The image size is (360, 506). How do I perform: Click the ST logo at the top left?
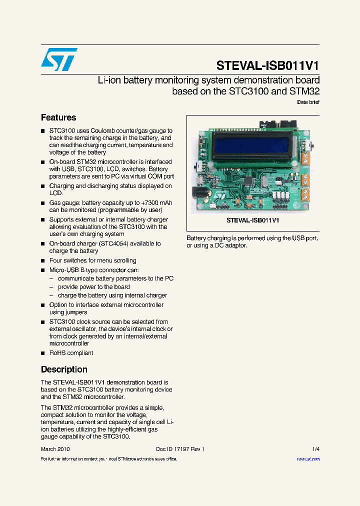click(x=59, y=59)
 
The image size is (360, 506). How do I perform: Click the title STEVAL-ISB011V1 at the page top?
click(x=267, y=66)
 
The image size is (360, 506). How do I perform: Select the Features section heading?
click(x=58, y=117)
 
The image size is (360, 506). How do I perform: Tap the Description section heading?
click(x=64, y=369)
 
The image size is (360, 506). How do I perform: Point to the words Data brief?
click(x=308, y=102)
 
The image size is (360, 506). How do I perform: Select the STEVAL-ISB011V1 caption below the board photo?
click(x=252, y=220)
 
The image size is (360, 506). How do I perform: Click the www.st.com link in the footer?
click(x=308, y=459)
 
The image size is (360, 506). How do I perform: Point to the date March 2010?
click(x=55, y=449)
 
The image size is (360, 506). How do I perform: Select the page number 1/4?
click(x=315, y=449)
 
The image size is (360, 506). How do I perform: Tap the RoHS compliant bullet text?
click(x=71, y=353)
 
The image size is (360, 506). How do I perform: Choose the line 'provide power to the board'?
click(x=94, y=287)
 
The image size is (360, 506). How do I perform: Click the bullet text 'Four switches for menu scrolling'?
click(x=92, y=260)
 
